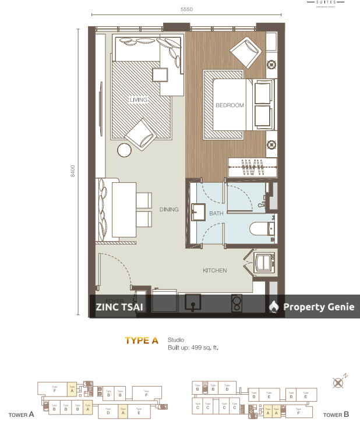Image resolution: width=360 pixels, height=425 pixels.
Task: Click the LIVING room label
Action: click(x=139, y=100)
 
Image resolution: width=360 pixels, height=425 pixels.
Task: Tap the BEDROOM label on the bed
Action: click(x=230, y=105)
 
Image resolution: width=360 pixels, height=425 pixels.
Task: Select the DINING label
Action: click(x=169, y=210)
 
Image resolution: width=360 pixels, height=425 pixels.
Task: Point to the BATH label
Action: click(x=216, y=214)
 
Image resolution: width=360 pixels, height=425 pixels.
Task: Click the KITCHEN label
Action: click(x=214, y=270)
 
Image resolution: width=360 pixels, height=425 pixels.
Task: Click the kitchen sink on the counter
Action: click(x=193, y=302)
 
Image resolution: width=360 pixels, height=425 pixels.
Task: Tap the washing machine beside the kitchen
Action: click(x=265, y=262)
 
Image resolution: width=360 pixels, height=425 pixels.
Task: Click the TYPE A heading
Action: click(x=142, y=341)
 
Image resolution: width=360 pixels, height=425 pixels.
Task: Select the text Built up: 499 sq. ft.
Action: click(x=193, y=348)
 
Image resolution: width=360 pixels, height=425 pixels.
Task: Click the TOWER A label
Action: click(x=22, y=415)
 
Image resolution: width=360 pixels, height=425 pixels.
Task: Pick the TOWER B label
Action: click(x=336, y=415)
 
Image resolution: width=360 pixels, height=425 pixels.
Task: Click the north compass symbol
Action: click(x=337, y=382)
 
